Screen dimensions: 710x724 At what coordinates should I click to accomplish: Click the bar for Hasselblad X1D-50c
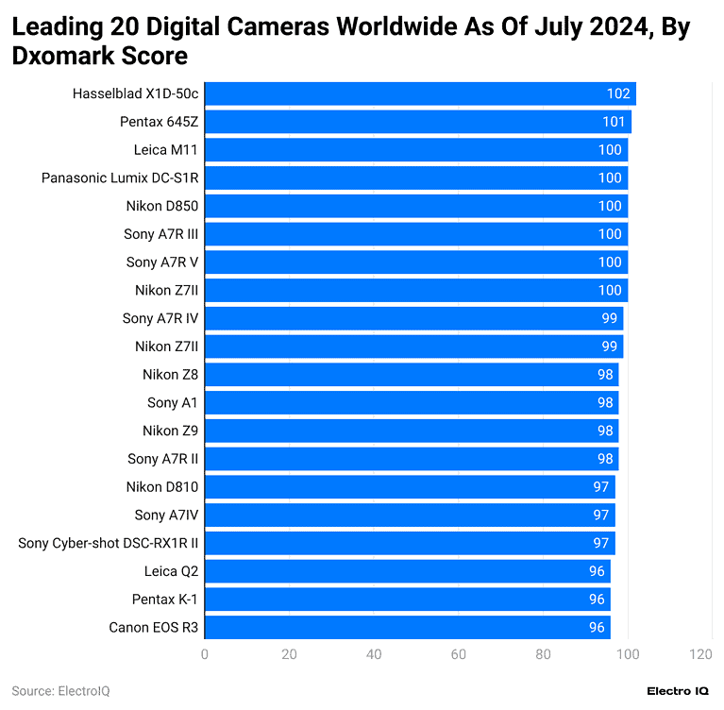coord(420,93)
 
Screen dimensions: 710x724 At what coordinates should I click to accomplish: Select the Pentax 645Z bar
coord(417,122)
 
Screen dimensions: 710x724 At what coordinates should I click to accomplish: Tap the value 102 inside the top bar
coord(618,93)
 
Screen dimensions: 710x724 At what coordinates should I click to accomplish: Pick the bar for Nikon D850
coord(415,206)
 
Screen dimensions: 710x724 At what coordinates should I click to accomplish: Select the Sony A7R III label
coord(160,234)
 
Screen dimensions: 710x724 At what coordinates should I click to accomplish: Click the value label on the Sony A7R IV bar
coord(610,318)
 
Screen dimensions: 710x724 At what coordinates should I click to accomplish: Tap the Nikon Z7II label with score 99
coord(166,347)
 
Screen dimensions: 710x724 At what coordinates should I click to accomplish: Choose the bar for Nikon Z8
coord(412,375)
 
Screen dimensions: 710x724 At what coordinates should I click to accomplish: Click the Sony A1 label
coord(173,402)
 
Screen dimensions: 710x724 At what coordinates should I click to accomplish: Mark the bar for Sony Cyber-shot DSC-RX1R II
coord(410,543)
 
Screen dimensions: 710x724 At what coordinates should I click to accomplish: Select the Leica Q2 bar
coord(407,571)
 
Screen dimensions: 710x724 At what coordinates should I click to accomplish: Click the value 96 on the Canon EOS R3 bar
coord(597,627)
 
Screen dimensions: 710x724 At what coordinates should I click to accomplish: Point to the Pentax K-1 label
coord(165,600)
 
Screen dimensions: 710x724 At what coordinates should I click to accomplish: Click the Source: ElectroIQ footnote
coord(60,691)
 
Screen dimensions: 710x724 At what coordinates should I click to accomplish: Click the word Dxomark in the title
coord(56,56)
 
